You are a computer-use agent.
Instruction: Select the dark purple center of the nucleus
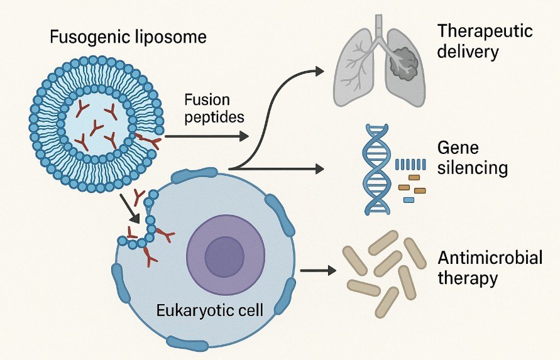(225, 256)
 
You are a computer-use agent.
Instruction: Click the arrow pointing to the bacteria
(317, 271)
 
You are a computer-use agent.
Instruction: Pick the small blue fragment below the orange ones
(409, 199)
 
